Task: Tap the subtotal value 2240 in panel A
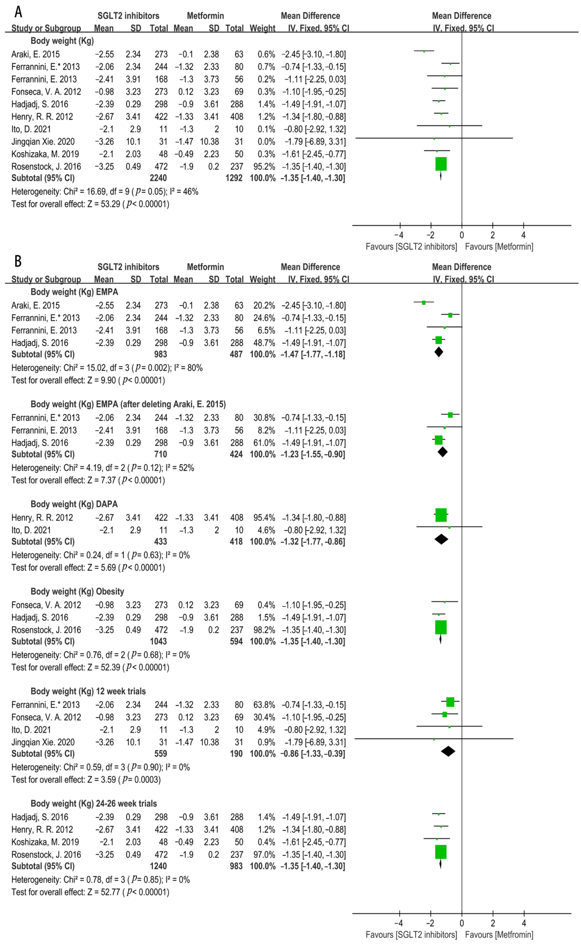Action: tap(158, 178)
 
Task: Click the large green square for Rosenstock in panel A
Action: tap(441, 164)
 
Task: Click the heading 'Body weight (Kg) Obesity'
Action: tap(77, 592)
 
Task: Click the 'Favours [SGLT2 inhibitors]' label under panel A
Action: tap(411, 247)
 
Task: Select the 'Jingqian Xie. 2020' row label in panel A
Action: tap(43, 142)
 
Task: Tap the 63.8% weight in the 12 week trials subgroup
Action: tap(264, 705)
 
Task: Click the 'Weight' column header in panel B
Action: tap(263, 279)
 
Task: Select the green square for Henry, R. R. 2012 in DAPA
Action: tap(441, 515)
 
